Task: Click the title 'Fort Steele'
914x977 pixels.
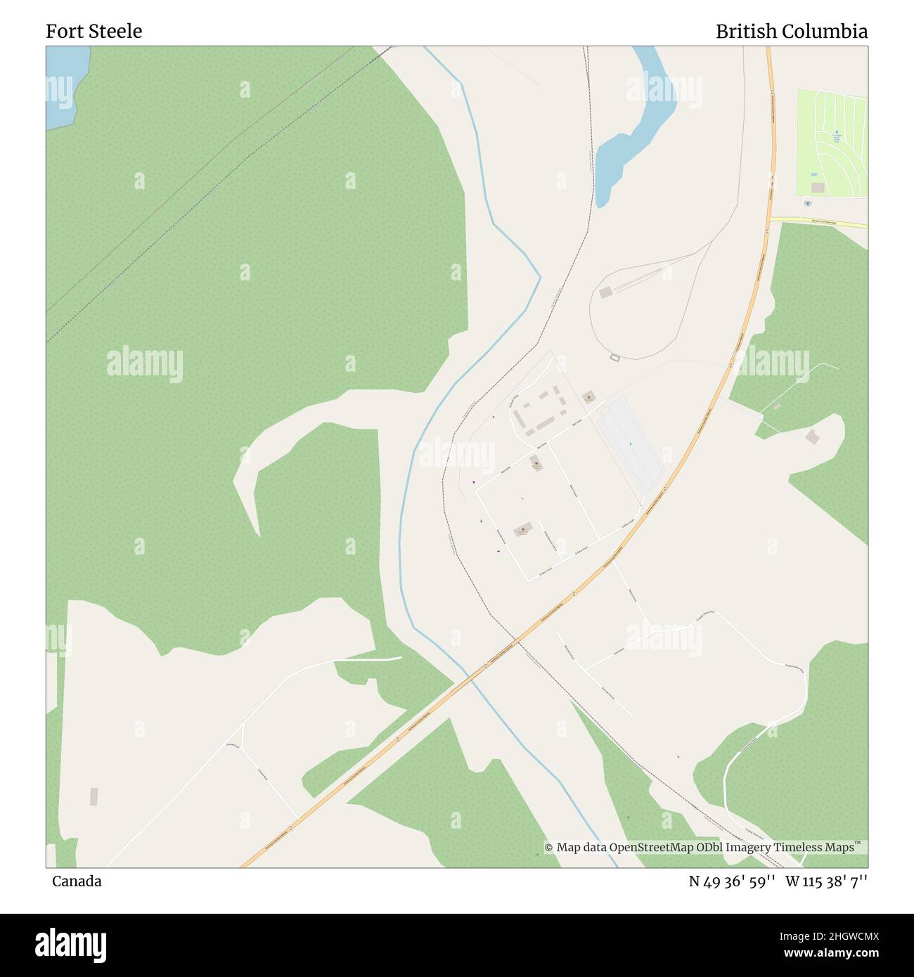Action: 94,31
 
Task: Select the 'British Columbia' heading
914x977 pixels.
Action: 791,31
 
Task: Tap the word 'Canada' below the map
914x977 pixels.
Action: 76,881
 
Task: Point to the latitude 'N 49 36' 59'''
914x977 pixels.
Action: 731,881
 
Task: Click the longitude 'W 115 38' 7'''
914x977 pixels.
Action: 826,881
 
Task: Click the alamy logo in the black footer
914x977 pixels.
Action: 71,943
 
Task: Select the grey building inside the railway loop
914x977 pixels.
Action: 605,292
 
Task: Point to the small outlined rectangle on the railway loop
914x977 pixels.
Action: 615,358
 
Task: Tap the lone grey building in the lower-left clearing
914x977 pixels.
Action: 94,796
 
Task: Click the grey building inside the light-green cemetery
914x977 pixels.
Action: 818,188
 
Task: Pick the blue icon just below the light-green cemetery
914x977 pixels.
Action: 807,204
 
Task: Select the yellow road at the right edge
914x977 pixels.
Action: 819,223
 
